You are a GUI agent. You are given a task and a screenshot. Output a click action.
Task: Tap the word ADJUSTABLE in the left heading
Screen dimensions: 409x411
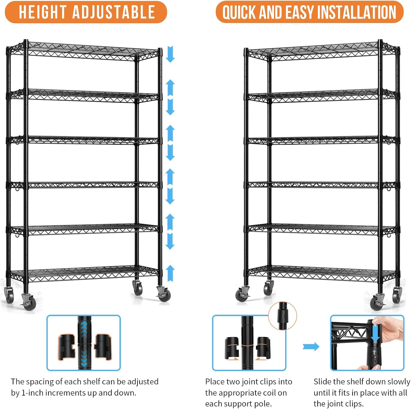(x=113, y=12)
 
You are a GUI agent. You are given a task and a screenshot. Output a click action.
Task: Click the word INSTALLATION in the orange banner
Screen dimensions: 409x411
(x=356, y=13)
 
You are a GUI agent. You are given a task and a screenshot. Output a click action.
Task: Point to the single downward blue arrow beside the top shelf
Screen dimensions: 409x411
(x=170, y=54)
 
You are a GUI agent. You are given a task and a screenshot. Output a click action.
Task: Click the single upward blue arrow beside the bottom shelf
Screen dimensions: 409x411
(x=170, y=273)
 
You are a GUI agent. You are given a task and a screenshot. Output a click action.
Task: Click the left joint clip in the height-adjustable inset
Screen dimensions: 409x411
(x=66, y=347)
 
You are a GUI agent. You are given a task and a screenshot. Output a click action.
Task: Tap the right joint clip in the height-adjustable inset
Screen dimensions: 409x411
(x=103, y=346)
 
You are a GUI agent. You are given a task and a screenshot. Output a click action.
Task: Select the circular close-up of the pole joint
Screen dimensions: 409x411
(x=282, y=316)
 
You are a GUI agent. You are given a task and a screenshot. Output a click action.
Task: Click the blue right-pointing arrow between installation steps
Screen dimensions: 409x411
(x=311, y=346)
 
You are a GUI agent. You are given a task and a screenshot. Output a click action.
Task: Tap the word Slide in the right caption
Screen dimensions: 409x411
(x=322, y=382)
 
